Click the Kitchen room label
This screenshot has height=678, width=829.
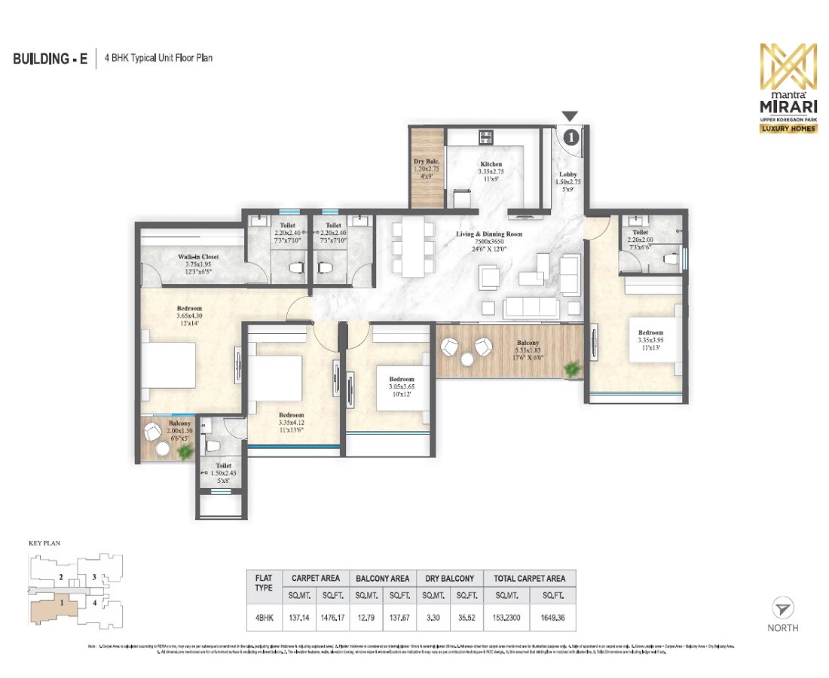(491, 164)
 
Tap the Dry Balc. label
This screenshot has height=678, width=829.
(426, 162)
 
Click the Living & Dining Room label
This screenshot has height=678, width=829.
(488, 234)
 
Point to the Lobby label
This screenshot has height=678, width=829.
(567, 175)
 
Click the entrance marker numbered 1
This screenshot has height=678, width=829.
(571, 136)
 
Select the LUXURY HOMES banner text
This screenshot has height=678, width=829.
(787, 128)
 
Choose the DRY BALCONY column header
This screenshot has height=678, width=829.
(449, 578)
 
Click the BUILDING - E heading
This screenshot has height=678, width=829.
(50, 59)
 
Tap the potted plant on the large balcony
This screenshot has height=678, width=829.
(572, 368)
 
